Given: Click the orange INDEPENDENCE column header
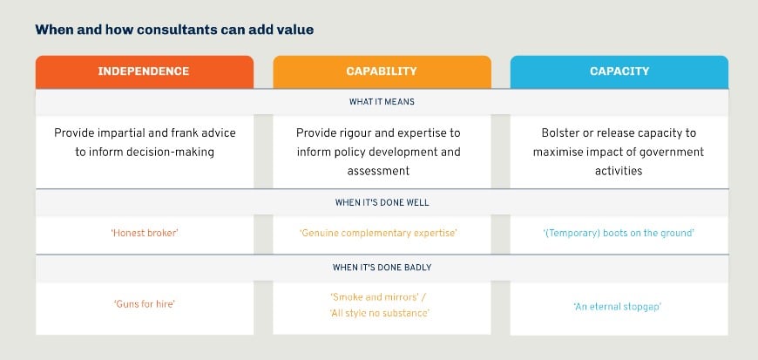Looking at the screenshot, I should click(x=145, y=71).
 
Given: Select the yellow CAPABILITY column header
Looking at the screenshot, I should click(x=382, y=71).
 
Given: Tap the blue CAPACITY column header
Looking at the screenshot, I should click(x=619, y=71).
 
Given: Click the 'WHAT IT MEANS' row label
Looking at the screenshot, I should click(x=382, y=102).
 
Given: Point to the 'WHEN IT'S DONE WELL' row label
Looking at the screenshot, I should click(x=382, y=202).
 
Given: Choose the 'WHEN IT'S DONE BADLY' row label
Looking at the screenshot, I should click(x=382, y=266).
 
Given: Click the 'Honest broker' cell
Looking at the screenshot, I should click(x=145, y=233).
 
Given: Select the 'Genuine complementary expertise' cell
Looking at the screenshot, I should click(x=382, y=233).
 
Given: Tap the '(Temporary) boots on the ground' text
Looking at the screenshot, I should click(x=619, y=233).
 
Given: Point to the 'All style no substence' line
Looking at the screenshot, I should click(x=382, y=312).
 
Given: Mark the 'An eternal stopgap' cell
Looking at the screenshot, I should click(x=619, y=307).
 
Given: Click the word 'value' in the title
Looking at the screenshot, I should click(x=295, y=30).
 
